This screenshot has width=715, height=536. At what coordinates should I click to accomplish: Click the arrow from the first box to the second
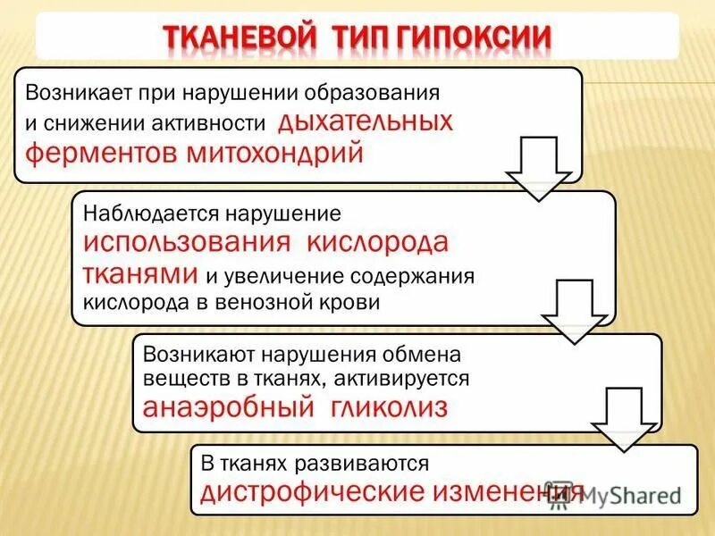[x=538, y=168]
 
